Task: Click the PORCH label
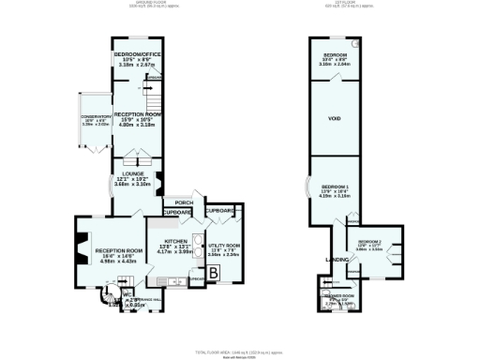[x=183, y=202]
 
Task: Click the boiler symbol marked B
[x=214, y=273]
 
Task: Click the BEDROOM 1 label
[x=333, y=187]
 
